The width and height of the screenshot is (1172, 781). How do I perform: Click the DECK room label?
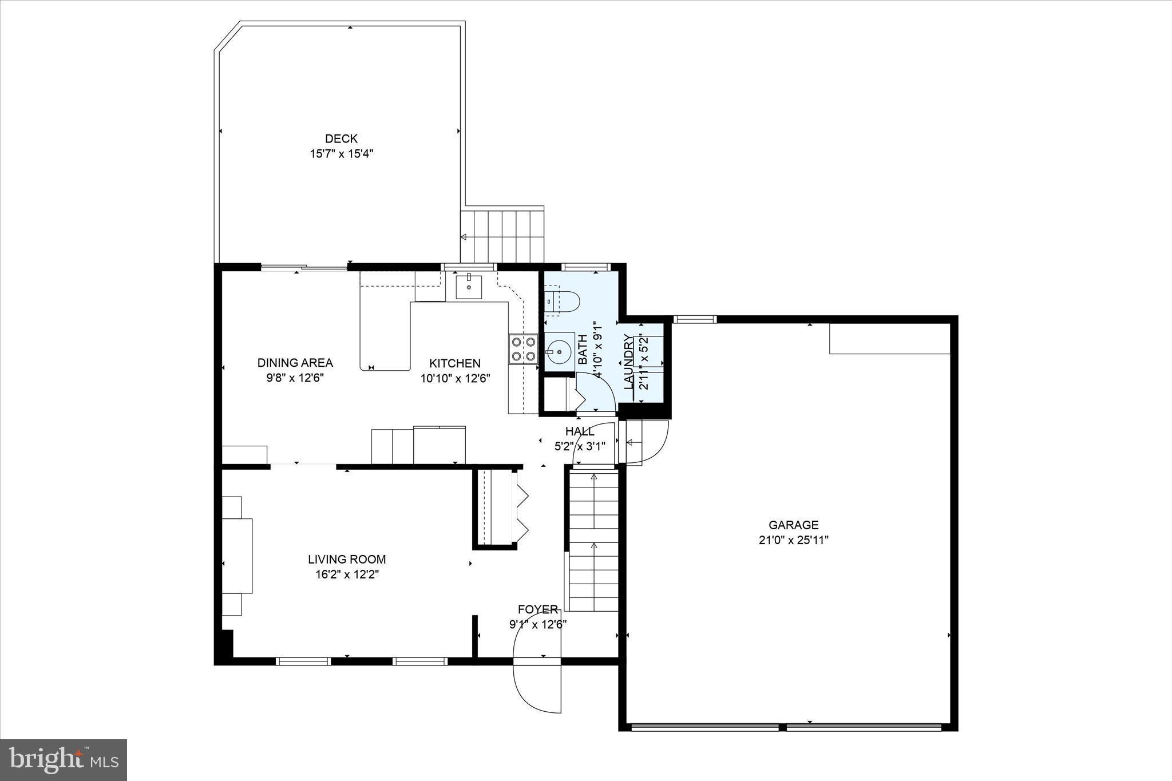pos(341,138)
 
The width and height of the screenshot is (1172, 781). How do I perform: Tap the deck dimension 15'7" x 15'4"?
pos(342,154)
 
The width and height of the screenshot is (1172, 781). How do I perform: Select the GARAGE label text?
pos(793,525)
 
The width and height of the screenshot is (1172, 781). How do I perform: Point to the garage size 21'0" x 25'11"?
pos(793,540)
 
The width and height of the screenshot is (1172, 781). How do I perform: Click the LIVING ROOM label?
pos(347,560)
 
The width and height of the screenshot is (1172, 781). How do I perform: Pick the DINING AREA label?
pos(295,363)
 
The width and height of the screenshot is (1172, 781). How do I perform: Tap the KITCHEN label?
pos(455,363)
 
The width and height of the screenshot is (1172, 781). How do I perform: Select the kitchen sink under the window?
pos(469,286)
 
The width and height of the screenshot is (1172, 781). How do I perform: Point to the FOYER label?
pos(538,609)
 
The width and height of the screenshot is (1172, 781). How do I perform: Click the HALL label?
pos(579,431)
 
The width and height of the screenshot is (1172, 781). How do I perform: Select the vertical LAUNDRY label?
pos(629,362)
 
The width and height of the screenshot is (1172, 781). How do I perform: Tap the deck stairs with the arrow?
pos(502,236)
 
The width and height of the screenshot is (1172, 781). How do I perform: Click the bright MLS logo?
pos(64,760)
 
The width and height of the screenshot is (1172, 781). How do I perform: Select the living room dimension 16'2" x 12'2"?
pos(347,575)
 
